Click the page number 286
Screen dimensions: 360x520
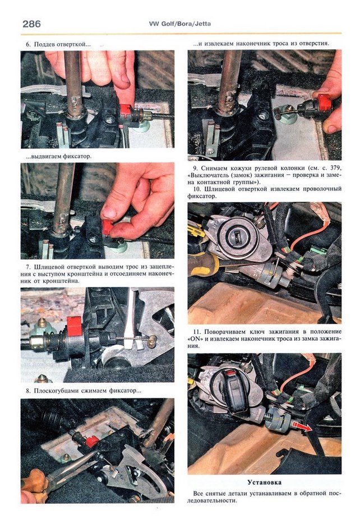pos(31,24)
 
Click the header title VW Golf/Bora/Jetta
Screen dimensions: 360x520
pos(180,24)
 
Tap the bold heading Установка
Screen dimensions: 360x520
pos(265,482)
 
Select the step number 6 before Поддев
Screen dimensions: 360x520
pos(28,44)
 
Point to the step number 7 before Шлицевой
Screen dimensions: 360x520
pos(28,267)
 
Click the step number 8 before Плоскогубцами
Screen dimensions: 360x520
pos(28,391)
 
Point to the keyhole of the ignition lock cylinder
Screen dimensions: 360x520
pos(238,238)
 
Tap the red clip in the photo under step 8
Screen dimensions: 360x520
pos(91,442)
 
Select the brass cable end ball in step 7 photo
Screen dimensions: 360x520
pos(153,341)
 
